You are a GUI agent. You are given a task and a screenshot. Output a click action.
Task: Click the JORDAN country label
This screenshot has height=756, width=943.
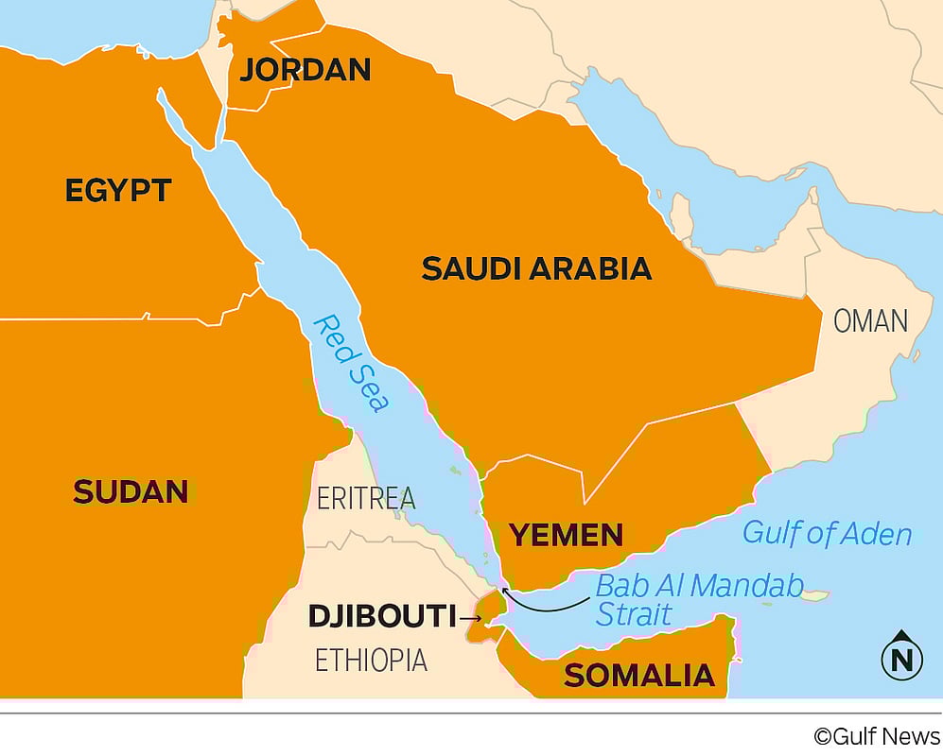[305, 69]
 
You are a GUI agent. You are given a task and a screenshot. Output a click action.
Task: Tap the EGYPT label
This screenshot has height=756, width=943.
[118, 190]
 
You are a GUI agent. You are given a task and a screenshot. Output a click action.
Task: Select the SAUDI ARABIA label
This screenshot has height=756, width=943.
[536, 268]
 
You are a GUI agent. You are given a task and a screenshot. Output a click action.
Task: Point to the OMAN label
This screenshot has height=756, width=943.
[870, 321]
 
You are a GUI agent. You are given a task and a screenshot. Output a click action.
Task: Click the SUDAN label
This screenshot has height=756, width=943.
[131, 491]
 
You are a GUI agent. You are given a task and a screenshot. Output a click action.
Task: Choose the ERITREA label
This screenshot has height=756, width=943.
[366, 498]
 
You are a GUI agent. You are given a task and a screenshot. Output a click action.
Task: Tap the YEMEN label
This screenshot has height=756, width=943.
[567, 535]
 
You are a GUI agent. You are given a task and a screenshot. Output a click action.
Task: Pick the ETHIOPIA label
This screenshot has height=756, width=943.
[371, 660]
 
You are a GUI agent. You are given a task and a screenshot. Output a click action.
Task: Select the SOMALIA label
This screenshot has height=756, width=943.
[639, 675]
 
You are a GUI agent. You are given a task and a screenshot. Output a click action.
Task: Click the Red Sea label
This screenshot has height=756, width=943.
[352, 363]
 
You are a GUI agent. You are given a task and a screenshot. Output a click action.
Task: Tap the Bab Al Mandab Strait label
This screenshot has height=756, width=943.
[698, 599]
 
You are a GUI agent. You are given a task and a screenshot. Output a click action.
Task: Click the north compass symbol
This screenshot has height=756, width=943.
[901, 656]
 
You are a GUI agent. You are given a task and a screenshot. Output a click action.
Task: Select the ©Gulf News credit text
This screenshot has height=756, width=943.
[877, 736]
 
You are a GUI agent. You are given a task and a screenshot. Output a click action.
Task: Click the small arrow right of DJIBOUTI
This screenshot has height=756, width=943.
[470, 619]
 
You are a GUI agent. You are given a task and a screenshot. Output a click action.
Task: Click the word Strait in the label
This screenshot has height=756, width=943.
[634, 614]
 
